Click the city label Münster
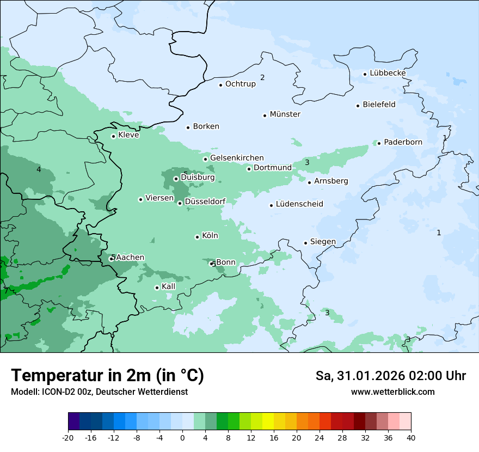pyautogui.click(x=285, y=114)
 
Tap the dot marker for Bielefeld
pyautogui.click(x=358, y=106)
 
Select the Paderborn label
pyautogui.click(x=403, y=142)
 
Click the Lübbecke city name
pyautogui.click(x=388, y=73)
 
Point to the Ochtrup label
pyautogui.click(x=240, y=84)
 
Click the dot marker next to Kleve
pyautogui.click(x=113, y=136)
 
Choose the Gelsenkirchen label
pyautogui.click(x=237, y=158)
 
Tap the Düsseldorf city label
pyautogui.click(x=205, y=201)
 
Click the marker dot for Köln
pyautogui.click(x=197, y=237)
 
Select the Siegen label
pyautogui.click(x=323, y=242)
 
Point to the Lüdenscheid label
pyautogui.click(x=299, y=204)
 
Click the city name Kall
pyautogui.click(x=168, y=286)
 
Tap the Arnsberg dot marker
pyautogui.click(x=309, y=182)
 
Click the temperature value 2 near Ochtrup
pyautogui.click(x=262, y=77)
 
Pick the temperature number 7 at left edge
pyautogui.click(x=6, y=291)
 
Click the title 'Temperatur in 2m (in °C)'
pyautogui.click(x=107, y=375)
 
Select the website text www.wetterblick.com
pyautogui.click(x=392, y=392)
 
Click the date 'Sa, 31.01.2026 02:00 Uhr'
pyautogui.click(x=390, y=376)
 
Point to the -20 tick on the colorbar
pyautogui.click(x=68, y=438)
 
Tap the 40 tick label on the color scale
pyautogui.click(x=411, y=438)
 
